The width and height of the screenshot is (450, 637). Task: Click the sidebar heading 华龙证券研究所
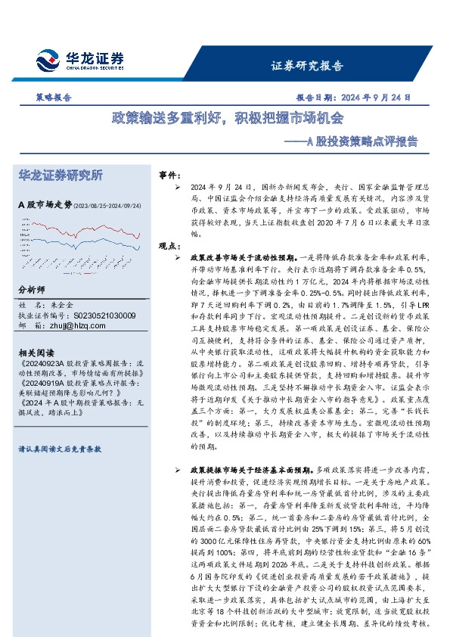pos(61,176)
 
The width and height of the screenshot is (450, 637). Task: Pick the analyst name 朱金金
pos(69,304)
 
